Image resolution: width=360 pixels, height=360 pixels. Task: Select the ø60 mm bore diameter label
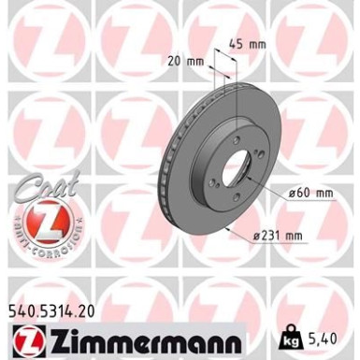coord(310,194)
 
